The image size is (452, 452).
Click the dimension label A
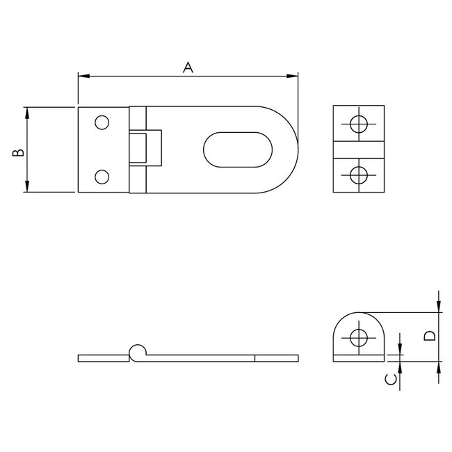pos(187,67)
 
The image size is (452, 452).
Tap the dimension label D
pos(430,336)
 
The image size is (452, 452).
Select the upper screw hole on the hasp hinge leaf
pos(102,123)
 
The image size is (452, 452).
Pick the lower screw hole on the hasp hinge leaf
pos(102,176)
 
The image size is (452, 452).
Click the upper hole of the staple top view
pos(359,124)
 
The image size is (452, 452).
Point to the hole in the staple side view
pos(359,338)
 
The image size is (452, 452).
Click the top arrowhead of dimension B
pos(27,112)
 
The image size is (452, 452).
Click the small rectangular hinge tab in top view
pos(147,149)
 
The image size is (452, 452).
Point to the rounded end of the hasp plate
pos(289,149)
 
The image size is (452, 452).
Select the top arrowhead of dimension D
pos(439,307)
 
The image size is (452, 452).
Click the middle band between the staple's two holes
pos(359,150)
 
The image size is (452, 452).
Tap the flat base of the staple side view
pos(359,360)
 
